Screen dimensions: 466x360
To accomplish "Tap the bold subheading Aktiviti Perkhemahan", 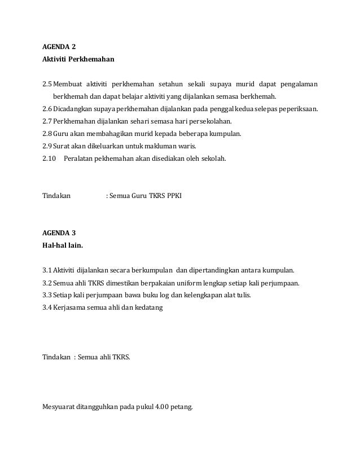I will tap(78, 59).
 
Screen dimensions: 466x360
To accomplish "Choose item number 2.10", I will tap(49, 159).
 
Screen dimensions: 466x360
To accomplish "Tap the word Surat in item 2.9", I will tap(62, 146).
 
